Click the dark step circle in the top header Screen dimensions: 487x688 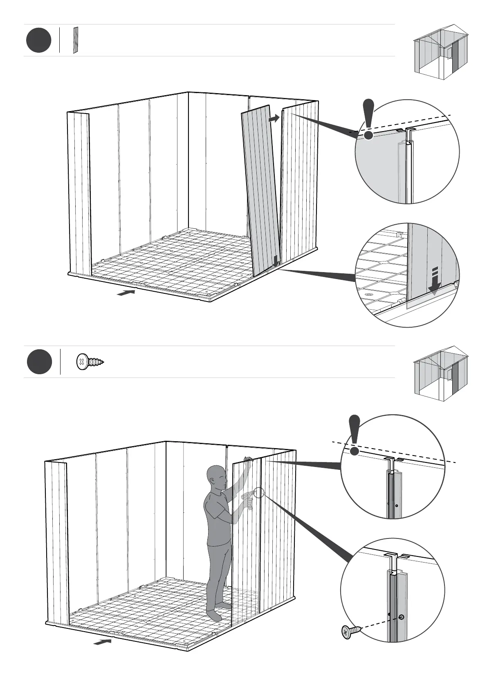coord(39,40)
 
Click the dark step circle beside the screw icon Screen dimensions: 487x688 coord(40,362)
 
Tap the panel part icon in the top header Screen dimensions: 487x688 coord(75,40)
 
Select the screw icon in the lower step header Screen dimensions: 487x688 coord(90,362)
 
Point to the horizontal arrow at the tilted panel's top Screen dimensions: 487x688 coord(274,118)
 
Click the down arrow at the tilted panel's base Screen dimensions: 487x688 coord(276,261)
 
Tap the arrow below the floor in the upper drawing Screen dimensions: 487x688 coord(126,293)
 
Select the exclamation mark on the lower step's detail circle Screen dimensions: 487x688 coord(355,435)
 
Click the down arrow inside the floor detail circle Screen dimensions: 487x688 coord(434,281)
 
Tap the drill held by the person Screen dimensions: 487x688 coord(247,498)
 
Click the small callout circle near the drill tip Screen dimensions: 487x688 coord(259,492)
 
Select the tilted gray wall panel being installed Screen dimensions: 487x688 coord(260,188)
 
